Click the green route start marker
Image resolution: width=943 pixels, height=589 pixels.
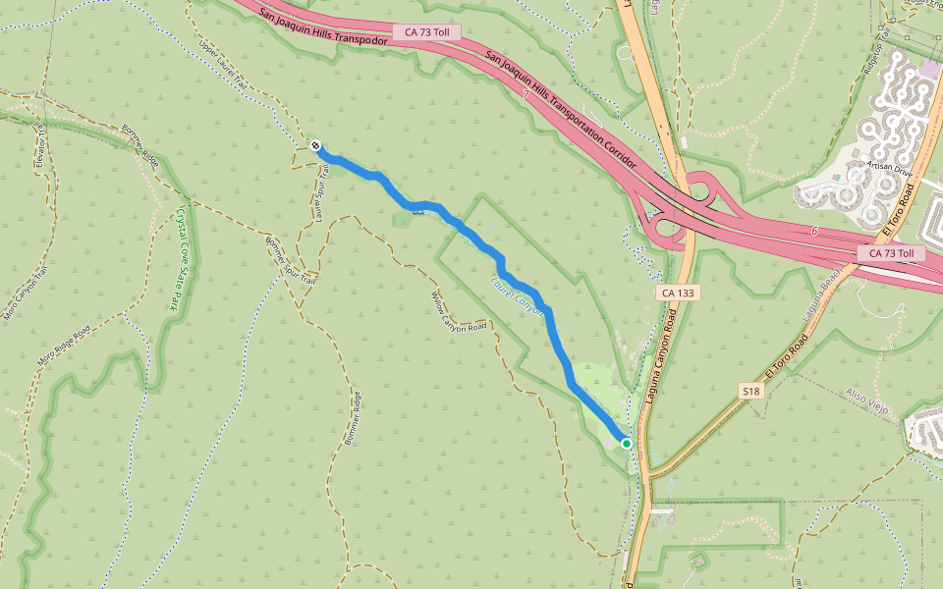tap(626, 443)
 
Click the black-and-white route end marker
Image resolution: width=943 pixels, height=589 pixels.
tap(315, 146)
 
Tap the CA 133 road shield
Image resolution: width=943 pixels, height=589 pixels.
tap(670, 294)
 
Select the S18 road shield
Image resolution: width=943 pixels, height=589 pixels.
tap(751, 391)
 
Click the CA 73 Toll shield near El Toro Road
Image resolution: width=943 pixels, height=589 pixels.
tap(892, 253)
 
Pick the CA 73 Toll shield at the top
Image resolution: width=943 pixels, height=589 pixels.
tap(426, 32)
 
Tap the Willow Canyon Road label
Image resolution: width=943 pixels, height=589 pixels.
tap(459, 311)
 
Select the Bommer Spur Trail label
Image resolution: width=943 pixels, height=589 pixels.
tap(290, 260)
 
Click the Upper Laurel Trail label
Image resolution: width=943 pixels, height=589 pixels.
tap(222, 66)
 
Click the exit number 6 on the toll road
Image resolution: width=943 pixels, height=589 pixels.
tap(814, 232)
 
